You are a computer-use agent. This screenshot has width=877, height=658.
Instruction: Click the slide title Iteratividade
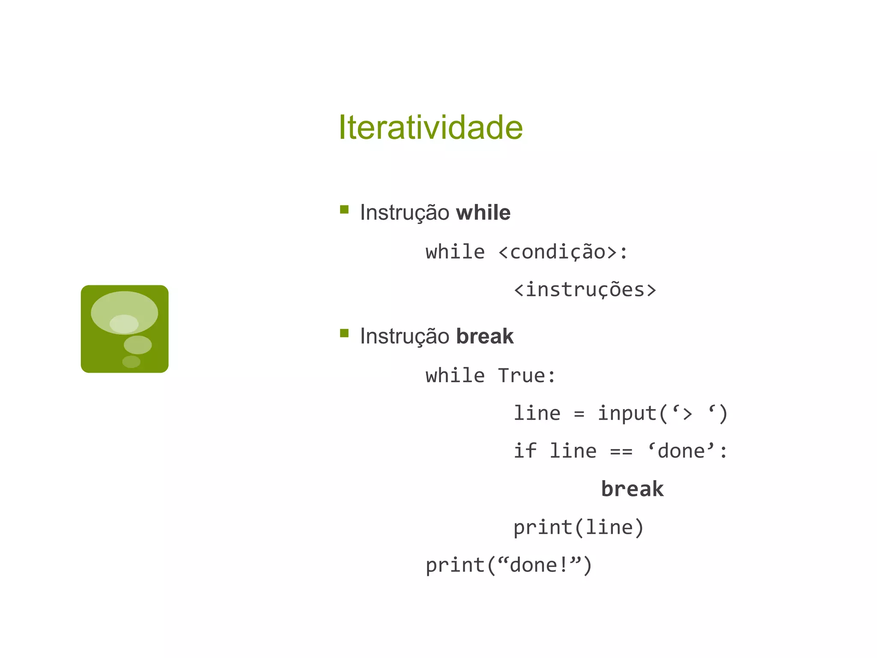tap(430, 127)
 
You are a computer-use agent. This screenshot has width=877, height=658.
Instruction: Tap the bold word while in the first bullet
tap(483, 213)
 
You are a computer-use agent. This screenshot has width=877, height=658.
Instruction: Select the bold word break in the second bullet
tap(485, 336)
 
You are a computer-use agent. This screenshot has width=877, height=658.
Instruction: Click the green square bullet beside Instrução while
tap(344, 209)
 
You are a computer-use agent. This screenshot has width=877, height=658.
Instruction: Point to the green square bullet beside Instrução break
tap(344, 333)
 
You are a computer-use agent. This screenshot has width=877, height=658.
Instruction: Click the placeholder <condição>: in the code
tap(563, 252)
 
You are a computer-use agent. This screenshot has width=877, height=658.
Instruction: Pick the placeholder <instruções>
tap(585, 290)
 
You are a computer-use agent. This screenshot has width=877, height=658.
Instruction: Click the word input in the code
tap(627, 413)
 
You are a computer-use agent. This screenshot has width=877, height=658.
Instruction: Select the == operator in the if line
tap(621, 452)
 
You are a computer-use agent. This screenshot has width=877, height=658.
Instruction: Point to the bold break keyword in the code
tap(632, 489)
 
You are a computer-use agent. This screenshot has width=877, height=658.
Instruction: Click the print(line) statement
tap(579, 527)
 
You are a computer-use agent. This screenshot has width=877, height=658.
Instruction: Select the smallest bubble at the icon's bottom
tap(131, 362)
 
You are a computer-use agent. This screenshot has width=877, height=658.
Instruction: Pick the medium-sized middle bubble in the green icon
tap(138, 345)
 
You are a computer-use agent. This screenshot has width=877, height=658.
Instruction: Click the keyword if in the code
tap(525, 451)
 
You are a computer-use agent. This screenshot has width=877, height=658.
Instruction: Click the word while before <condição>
tap(455, 252)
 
